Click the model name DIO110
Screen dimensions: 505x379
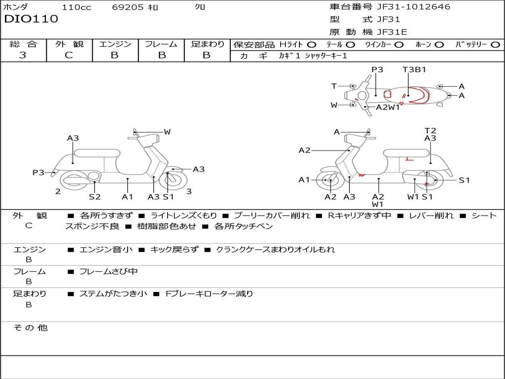(x=31, y=19)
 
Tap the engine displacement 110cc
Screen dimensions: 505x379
(x=76, y=7)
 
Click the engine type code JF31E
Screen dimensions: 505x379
(x=392, y=32)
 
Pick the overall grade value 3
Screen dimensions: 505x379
(x=23, y=55)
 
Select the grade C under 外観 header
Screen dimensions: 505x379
(x=69, y=55)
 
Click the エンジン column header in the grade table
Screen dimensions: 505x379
(x=115, y=44)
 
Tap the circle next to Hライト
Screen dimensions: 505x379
(x=312, y=44)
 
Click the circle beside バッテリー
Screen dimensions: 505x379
(x=495, y=44)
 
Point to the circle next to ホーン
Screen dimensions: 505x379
(x=439, y=44)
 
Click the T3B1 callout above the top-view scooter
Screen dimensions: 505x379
(x=414, y=70)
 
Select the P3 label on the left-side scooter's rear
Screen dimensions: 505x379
(x=38, y=172)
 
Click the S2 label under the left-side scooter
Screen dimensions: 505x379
(x=95, y=196)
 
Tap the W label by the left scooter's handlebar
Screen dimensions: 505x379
(x=167, y=132)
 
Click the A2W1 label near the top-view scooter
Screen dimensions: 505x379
(x=388, y=107)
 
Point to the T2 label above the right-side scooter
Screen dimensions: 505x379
(x=430, y=131)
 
